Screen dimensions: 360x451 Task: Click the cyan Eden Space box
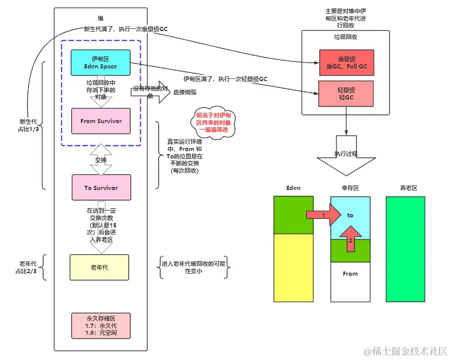[100, 63]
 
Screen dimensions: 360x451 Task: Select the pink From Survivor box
[100, 121]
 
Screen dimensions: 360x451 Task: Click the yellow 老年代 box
[99, 267]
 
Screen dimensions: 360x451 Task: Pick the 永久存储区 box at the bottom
[100, 326]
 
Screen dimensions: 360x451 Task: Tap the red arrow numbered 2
[349, 238]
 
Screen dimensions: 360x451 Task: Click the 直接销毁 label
[186, 92]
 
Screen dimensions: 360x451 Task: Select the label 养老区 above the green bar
[408, 188]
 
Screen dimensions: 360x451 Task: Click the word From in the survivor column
[350, 274]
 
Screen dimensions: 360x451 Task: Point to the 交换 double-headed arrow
[101, 160]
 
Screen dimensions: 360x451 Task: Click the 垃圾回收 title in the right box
[346, 38]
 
